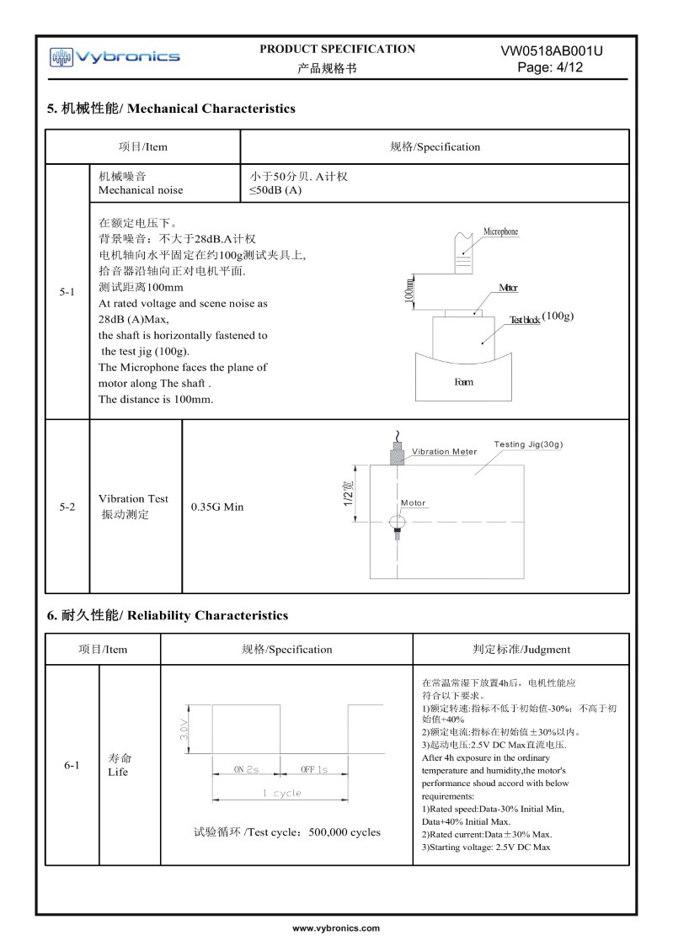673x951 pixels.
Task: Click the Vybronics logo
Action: pos(115,57)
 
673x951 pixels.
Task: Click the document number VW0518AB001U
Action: pos(551,50)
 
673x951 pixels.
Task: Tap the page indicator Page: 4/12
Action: pos(551,67)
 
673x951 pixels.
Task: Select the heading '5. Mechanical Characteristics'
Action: pos(171,109)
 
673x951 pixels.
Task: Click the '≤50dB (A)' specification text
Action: pos(275,190)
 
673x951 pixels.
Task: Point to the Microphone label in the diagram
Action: pos(500,231)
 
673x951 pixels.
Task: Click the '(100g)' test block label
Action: pos(558,316)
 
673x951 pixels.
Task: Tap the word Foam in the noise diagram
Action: pos(463,382)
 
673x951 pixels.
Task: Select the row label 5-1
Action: pos(67,292)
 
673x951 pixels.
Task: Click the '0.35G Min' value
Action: pos(217,507)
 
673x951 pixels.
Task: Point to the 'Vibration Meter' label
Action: pos(444,452)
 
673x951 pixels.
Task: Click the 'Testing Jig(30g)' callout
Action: pos(528,444)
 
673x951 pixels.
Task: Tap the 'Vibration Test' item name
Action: pos(133,498)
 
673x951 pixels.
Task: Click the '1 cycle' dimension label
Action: pos(281,793)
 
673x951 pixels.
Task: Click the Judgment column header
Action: pos(521,649)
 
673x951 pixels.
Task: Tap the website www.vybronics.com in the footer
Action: pos(336,927)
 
